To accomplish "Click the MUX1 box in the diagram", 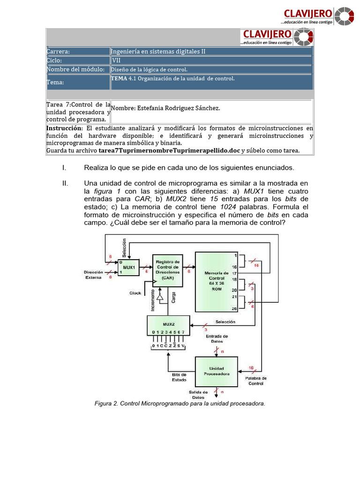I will pos(129,268).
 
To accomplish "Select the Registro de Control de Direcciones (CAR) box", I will pos(167,270).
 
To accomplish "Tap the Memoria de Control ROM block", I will pos(216,281).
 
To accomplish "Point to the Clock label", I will pos(135,293).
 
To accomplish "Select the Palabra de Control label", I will pos(255,381).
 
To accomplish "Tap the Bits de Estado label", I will pos(179,377).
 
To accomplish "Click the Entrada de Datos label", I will pos(217,338).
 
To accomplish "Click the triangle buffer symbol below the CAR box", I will pos(160,297).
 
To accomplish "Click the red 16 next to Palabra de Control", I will pos(251,368).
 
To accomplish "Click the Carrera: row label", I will pos(58,52).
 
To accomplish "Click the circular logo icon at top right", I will pos(345,16).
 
